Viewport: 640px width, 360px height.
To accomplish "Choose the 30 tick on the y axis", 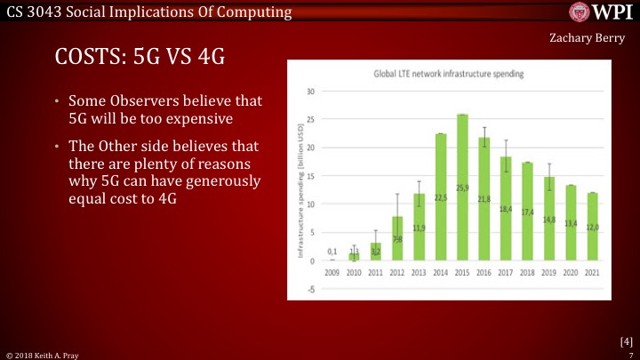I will (310, 92).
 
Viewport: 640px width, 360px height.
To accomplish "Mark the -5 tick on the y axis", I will (311, 289).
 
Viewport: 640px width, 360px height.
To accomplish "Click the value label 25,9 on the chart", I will (462, 188).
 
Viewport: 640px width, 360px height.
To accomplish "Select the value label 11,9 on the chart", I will (419, 228).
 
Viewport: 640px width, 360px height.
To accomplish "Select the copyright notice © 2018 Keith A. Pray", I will (42, 354).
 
